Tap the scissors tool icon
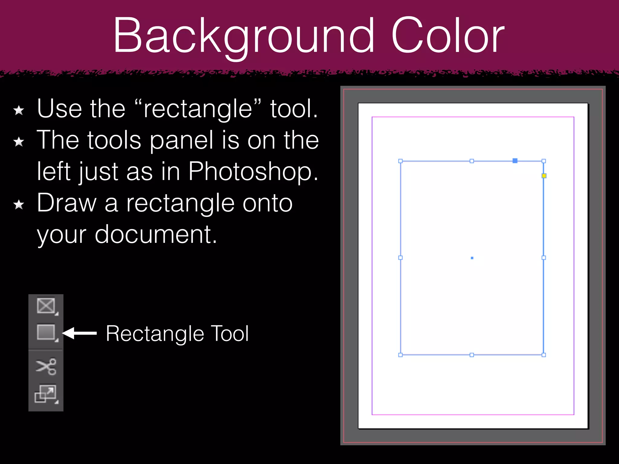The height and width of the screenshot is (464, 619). [46, 366]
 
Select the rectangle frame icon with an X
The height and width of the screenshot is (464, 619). [46, 305]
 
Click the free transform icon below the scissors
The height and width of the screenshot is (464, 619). [46, 393]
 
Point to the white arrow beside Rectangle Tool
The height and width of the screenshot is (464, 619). [79, 333]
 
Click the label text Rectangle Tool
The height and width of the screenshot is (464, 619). [177, 334]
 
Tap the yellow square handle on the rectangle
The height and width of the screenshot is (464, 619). [544, 176]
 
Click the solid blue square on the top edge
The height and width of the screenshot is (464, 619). [515, 161]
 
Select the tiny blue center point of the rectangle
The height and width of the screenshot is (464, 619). [472, 258]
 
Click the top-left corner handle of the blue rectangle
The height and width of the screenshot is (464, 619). [400, 161]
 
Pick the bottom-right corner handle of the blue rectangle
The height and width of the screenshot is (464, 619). [544, 355]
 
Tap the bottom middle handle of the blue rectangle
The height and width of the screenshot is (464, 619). [472, 355]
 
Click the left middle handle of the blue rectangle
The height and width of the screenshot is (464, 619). [400, 258]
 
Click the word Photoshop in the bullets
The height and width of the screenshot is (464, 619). [253, 172]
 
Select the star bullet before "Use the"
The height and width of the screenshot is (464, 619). [19, 110]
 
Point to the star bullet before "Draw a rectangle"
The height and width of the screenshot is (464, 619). [19, 205]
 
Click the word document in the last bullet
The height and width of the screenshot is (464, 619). [156, 235]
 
